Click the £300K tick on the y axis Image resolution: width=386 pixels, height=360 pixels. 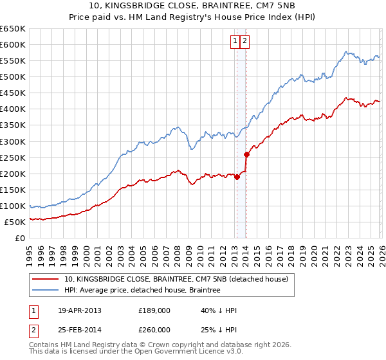click(13, 141)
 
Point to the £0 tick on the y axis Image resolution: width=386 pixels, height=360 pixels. click(21, 239)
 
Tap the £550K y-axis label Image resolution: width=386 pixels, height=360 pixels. click(13, 61)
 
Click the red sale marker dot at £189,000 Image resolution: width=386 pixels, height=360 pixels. click(237, 177)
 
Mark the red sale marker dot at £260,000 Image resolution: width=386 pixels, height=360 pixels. click(246, 154)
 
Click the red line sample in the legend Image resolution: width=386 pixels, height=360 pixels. click(46, 280)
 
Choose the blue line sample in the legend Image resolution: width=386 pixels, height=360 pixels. click(46, 291)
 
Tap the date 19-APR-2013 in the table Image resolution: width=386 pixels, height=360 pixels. click(80, 310)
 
